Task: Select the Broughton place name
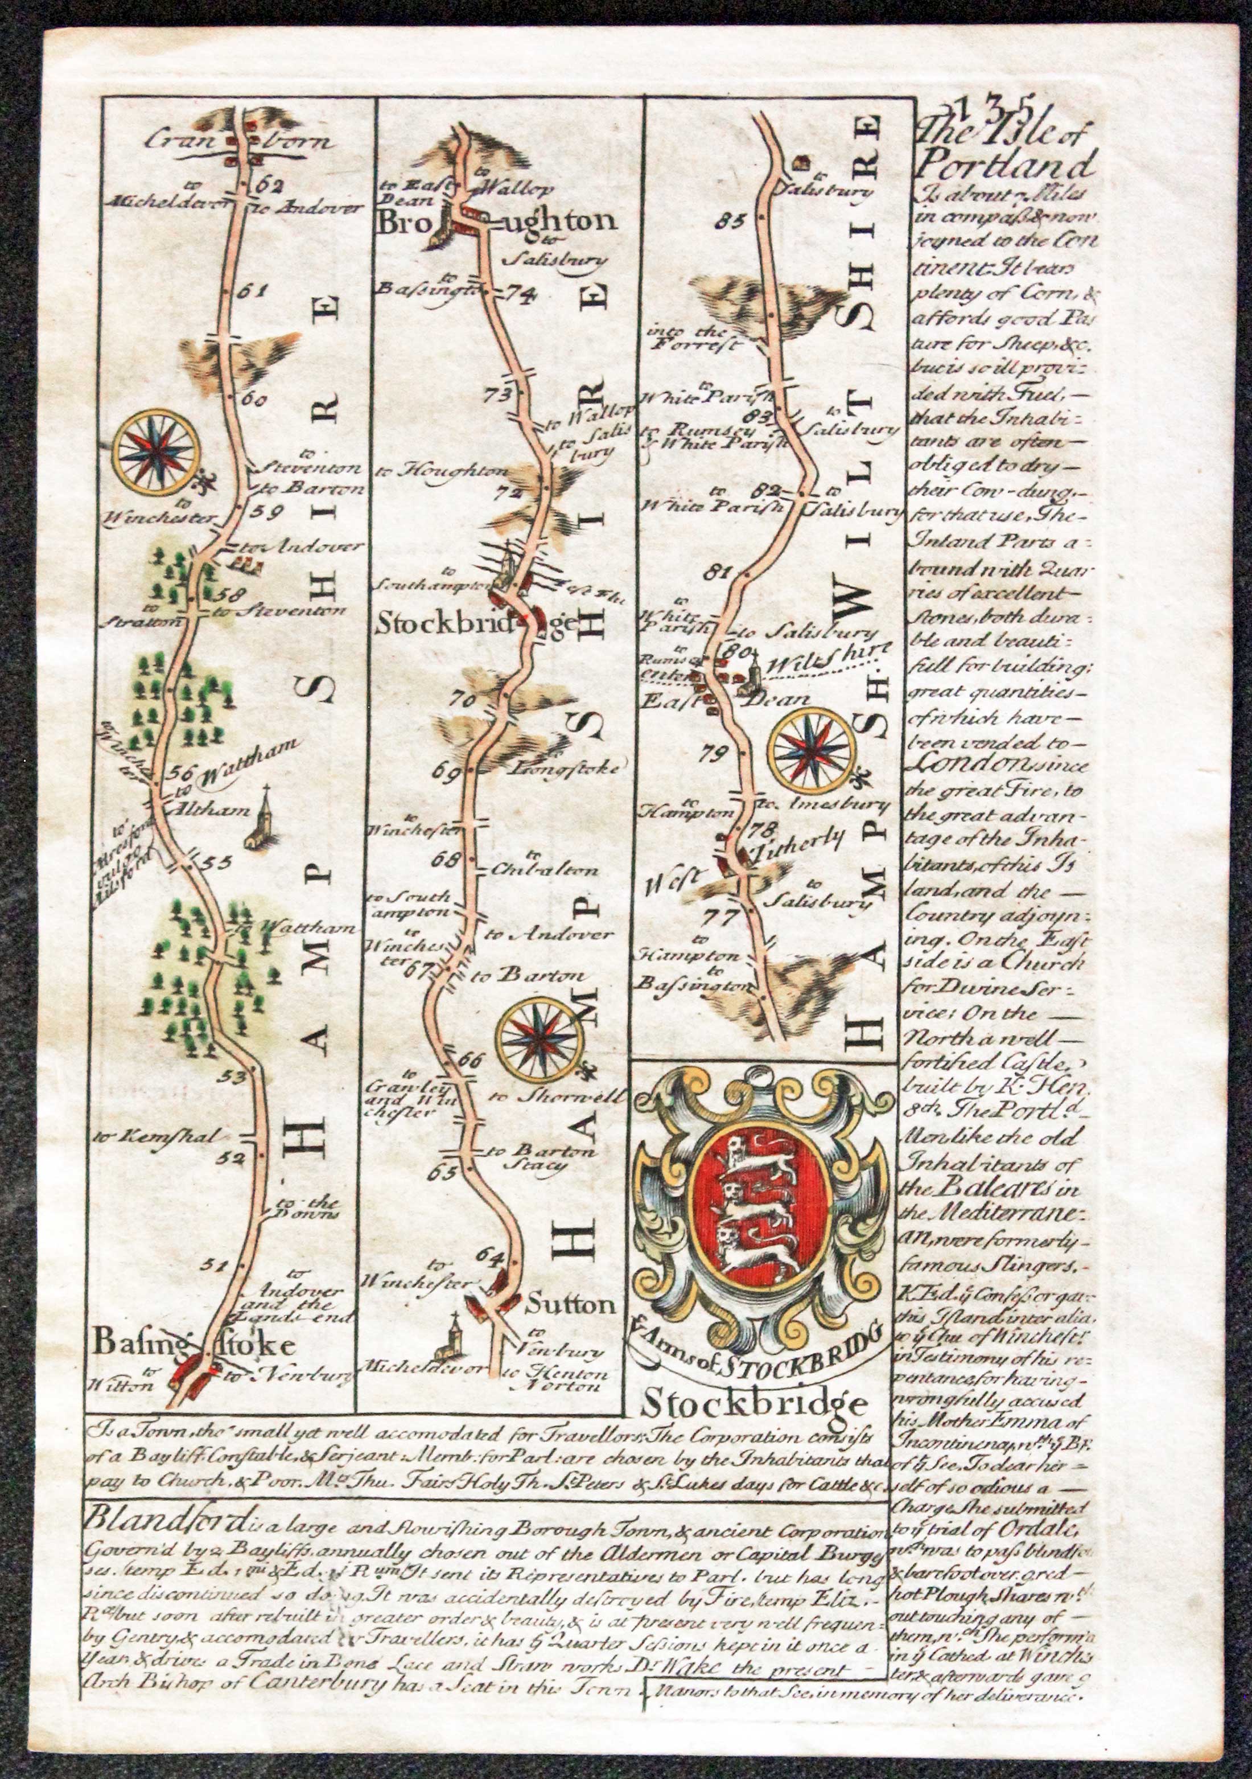coord(496,223)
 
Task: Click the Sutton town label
coord(570,1304)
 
